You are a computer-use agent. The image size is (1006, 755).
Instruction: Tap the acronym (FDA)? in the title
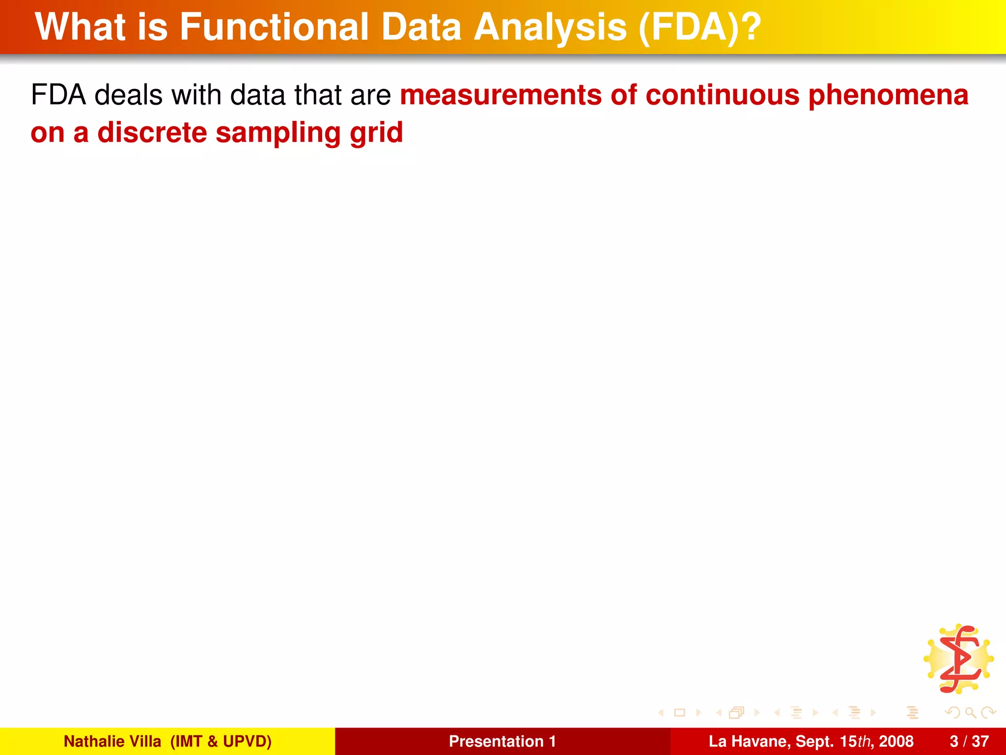tap(699, 28)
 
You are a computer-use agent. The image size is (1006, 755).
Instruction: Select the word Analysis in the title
tap(550, 28)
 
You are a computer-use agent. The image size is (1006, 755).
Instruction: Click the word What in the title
tap(81, 27)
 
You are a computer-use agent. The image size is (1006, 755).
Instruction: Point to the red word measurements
tap(501, 95)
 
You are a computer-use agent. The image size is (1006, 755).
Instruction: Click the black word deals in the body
tap(128, 95)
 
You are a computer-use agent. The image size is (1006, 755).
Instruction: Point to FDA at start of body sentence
tap(58, 95)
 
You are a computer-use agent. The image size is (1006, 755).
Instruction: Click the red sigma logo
tap(959, 659)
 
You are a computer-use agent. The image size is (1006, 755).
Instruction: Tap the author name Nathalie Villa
tap(112, 741)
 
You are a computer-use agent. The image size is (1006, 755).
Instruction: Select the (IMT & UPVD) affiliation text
tap(221, 741)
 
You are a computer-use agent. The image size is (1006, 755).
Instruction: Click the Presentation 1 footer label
tap(502, 741)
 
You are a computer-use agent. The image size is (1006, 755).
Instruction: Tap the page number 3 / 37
tap(969, 741)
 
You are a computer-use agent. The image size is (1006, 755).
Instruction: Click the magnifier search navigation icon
tap(970, 712)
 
